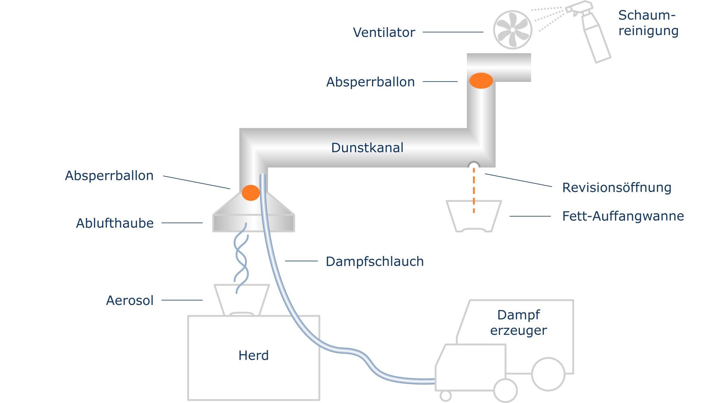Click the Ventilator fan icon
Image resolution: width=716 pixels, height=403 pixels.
[x=513, y=30]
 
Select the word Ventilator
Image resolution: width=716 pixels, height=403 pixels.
[x=384, y=32]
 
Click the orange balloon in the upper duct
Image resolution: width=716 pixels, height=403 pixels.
[x=481, y=81]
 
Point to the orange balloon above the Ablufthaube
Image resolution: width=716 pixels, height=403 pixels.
[x=251, y=193]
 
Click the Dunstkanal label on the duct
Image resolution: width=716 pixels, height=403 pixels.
[x=367, y=148]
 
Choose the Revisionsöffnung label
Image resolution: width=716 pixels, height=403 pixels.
[x=616, y=188]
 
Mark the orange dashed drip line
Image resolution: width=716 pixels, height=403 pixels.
[x=474, y=190]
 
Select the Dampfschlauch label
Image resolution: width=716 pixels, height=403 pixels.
[x=374, y=262]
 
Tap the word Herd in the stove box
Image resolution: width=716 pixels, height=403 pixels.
[x=254, y=356]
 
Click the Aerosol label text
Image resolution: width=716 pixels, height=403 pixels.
[x=130, y=300]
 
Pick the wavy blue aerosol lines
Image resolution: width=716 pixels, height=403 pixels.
[x=241, y=257]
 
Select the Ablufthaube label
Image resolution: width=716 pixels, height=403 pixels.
[x=115, y=223]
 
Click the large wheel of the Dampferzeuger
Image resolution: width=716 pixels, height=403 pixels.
[x=548, y=374]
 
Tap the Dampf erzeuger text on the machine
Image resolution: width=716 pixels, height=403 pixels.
[x=518, y=322]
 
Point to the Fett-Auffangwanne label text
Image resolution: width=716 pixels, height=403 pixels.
[x=623, y=216]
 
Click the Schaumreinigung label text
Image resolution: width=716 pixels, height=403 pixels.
[x=648, y=23]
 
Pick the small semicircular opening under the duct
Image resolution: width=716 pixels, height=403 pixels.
[x=474, y=165]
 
